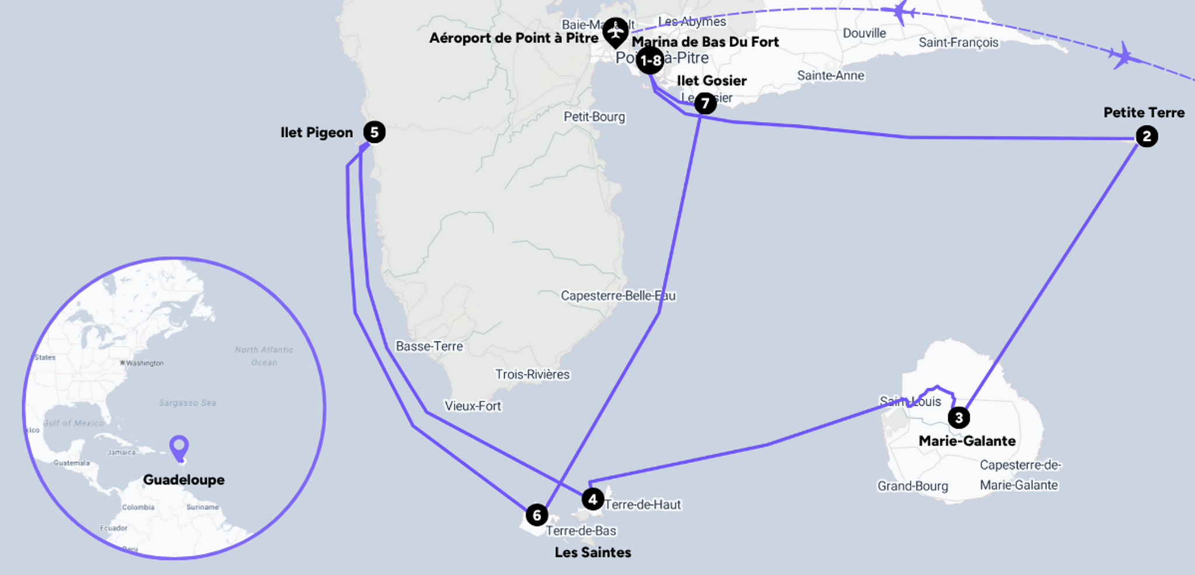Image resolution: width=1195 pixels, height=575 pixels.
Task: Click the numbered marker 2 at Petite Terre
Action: pyautogui.click(x=1147, y=136)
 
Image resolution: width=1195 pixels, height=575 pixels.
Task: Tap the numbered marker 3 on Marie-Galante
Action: pyautogui.click(x=959, y=418)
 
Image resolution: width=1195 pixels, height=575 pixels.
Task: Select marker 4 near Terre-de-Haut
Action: pyautogui.click(x=592, y=499)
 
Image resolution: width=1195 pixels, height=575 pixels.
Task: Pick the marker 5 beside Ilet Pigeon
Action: pyautogui.click(x=374, y=132)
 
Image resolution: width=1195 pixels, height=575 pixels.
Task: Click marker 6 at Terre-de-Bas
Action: pyautogui.click(x=537, y=515)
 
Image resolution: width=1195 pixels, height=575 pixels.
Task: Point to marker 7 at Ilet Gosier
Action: pyautogui.click(x=705, y=104)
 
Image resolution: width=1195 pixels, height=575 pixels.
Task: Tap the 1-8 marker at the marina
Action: pyautogui.click(x=649, y=61)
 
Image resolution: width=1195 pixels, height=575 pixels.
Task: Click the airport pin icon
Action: pyautogui.click(x=615, y=31)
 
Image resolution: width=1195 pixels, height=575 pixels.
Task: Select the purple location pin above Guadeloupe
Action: pyautogui.click(x=179, y=447)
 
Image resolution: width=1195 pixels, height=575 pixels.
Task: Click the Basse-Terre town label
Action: pyautogui.click(x=429, y=346)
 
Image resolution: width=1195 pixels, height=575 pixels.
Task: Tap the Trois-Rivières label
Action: pyautogui.click(x=532, y=374)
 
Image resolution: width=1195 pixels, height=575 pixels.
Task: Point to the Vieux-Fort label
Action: pyautogui.click(x=473, y=406)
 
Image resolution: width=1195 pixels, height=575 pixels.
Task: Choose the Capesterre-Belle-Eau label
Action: pyautogui.click(x=618, y=296)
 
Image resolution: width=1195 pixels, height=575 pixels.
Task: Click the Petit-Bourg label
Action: pyautogui.click(x=594, y=117)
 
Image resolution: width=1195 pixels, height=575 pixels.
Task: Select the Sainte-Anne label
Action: pyautogui.click(x=830, y=75)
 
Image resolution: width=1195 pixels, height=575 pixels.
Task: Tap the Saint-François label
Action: pyautogui.click(x=958, y=43)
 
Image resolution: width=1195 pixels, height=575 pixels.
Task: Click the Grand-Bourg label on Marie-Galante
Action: pyautogui.click(x=913, y=486)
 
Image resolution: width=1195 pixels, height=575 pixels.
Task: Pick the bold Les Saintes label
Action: pyautogui.click(x=593, y=552)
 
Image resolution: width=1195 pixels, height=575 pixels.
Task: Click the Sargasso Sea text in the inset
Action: pyautogui.click(x=187, y=403)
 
